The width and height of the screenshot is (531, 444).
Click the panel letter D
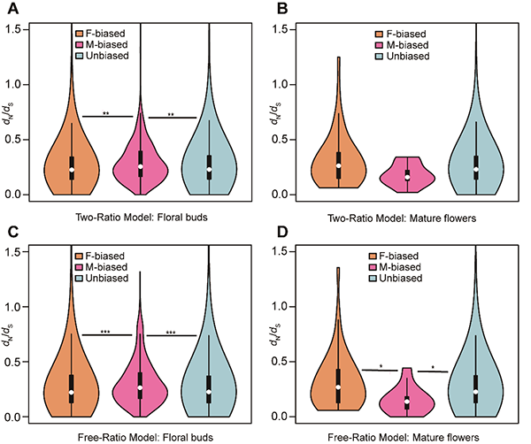275,233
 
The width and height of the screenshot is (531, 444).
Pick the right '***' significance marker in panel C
172,333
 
